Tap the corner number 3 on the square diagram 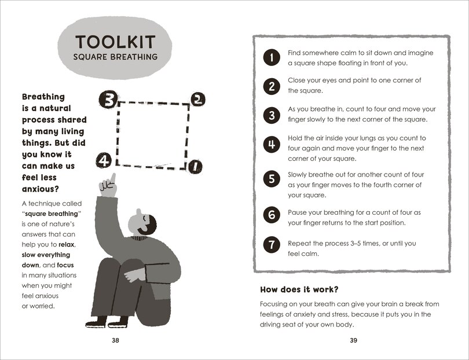point(108,98)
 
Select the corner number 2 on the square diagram point(197,99)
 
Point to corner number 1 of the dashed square point(196,167)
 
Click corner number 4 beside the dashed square point(104,160)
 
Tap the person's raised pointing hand point(108,185)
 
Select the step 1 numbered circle point(272,57)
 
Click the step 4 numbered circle point(272,144)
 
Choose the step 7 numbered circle point(272,245)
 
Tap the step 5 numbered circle point(272,179)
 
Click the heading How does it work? point(299,289)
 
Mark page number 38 point(115,340)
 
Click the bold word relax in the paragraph point(67,245)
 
